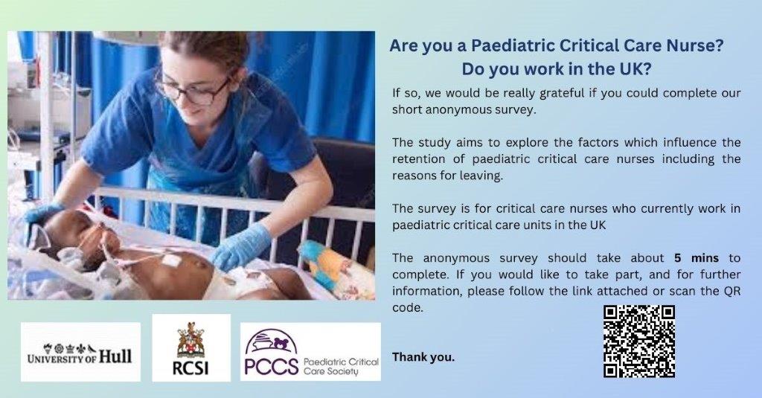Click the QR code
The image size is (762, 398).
638,341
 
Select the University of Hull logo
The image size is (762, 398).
80,352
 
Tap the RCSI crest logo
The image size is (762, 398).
191,347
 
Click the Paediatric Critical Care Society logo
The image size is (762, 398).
310,352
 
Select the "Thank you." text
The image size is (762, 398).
423,357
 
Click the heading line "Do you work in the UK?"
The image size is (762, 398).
557,69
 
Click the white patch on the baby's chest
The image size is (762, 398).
172,260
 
